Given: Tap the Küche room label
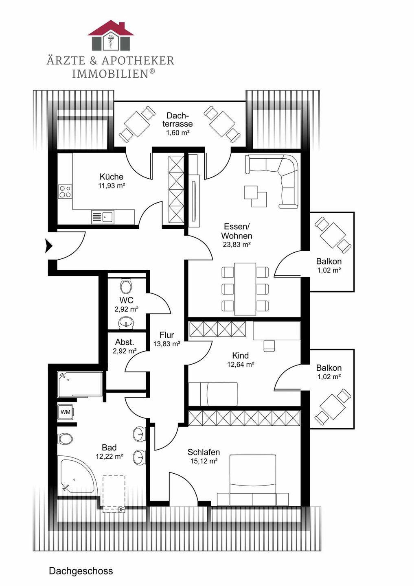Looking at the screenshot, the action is [x=111, y=177].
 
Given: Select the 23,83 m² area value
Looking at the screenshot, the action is [x=236, y=245].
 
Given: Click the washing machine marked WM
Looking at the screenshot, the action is [x=65, y=412].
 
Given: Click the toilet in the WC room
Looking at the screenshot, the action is [x=126, y=286].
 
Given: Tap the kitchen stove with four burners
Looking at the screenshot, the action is [x=65, y=191].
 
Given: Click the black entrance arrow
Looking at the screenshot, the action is [x=49, y=246].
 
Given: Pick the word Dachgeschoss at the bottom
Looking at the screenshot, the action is [x=81, y=571].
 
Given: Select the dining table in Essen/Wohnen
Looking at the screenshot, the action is [x=245, y=289].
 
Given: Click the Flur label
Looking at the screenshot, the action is [x=166, y=335].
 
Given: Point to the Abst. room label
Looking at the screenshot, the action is [x=124, y=342].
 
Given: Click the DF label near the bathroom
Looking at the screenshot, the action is [x=120, y=509].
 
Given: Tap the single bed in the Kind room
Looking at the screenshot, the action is [x=213, y=394].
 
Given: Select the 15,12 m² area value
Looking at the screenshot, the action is [x=204, y=461].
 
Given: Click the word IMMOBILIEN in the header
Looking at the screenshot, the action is [x=110, y=74].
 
